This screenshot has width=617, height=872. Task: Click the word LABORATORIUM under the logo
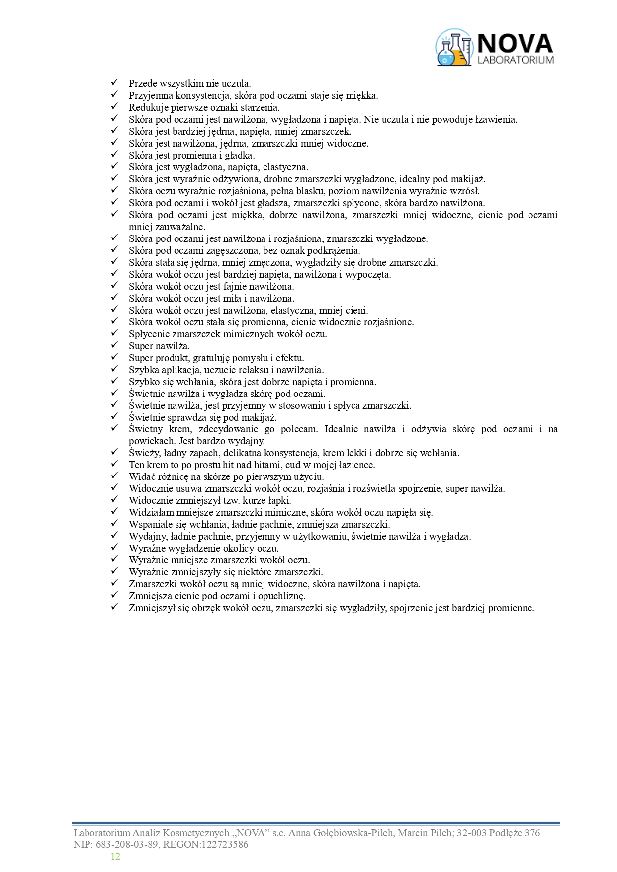click(x=515, y=60)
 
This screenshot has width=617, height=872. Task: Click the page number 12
click(x=115, y=856)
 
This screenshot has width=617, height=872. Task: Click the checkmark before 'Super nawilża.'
click(x=114, y=345)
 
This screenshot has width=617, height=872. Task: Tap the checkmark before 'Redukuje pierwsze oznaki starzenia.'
click(x=114, y=106)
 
